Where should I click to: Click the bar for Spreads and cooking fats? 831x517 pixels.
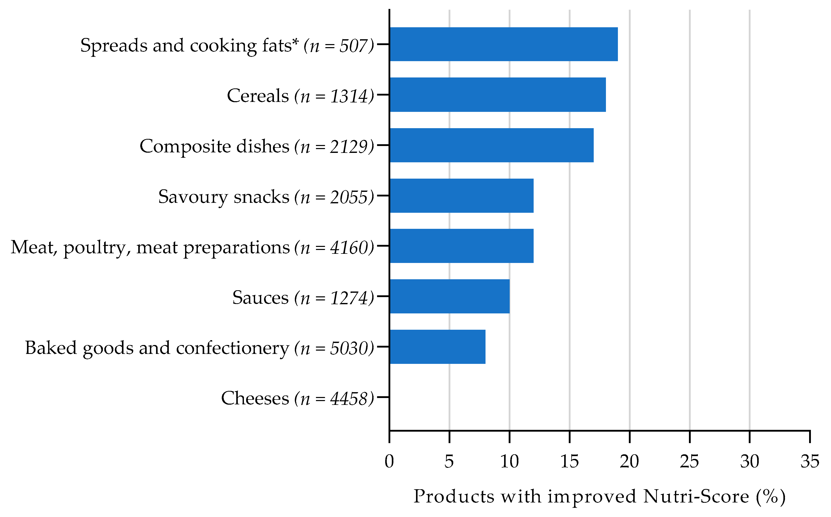coord(503,44)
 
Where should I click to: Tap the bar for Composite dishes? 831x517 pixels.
coord(491,145)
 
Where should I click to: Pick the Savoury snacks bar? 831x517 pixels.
coord(461,196)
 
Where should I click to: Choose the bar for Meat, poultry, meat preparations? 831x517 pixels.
coord(461,246)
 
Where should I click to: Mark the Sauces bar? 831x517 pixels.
coord(449,296)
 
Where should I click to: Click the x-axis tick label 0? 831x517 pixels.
coord(389,462)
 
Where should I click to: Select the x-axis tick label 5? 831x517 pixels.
coord(449,462)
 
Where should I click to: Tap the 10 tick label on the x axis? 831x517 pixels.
coord(509,462)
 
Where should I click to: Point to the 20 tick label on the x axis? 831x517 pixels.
coord(629,462)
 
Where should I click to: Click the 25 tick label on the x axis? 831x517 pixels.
coord(689,462)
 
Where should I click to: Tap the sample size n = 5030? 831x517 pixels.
coord(334,348)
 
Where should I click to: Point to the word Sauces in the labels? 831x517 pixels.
coord(260,297)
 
